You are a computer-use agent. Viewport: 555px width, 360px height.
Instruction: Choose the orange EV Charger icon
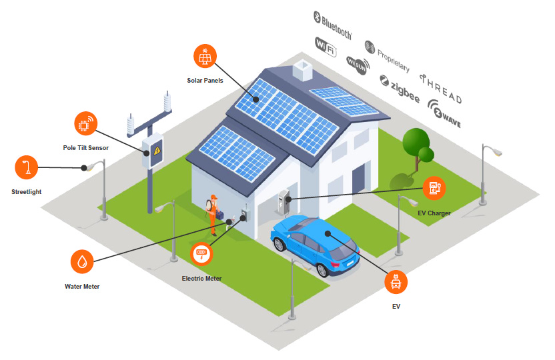(434, 188)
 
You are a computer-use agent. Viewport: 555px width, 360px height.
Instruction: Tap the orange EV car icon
(396, 282)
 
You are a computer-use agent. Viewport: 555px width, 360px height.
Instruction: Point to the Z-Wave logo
(444, 115)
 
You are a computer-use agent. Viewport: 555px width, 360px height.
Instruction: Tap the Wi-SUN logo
(358, 63)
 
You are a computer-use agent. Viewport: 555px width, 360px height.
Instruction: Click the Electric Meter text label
(201, 279)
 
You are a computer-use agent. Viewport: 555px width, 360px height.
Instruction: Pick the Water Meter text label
(82, 287)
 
